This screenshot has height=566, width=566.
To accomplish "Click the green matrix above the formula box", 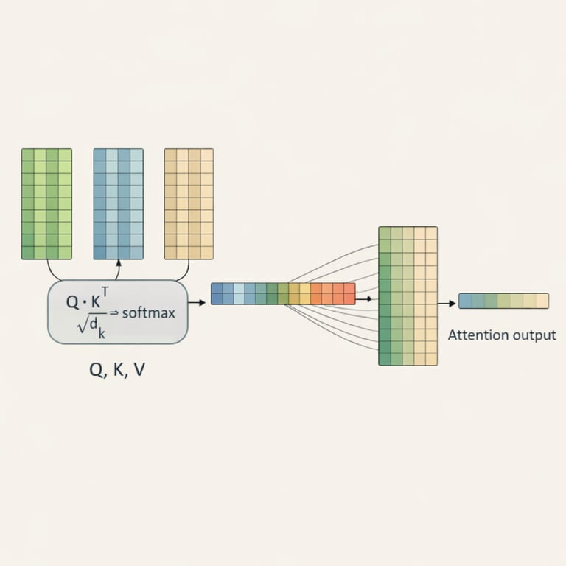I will (x=46, y=203).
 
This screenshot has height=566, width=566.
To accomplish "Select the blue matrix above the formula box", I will (x=118, y=203).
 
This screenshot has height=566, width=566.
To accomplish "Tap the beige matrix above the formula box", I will (x=189, y=203).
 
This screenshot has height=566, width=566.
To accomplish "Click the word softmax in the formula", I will (x=149, y=313).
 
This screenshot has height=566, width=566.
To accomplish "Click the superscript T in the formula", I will (x=105, y=292).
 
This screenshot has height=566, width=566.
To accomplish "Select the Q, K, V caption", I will (x=117, y=370).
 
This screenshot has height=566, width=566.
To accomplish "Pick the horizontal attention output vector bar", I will (x=503, y=301).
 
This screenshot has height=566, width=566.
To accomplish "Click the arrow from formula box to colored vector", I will (x=197, y=303).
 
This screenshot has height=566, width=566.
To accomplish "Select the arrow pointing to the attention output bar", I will (x=447, y=303).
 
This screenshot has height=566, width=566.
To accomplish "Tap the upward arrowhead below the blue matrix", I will (x=118, y=264).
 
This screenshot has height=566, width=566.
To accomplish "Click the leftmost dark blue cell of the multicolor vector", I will (x=217, y=293).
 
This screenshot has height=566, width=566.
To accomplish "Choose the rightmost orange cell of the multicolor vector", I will (x=349, y=293).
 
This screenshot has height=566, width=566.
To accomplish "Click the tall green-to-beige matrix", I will (x=408, y=296).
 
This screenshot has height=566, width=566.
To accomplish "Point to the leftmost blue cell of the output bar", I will (x=465, y=301).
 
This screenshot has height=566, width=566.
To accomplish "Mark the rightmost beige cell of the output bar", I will (x=542, y=301).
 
